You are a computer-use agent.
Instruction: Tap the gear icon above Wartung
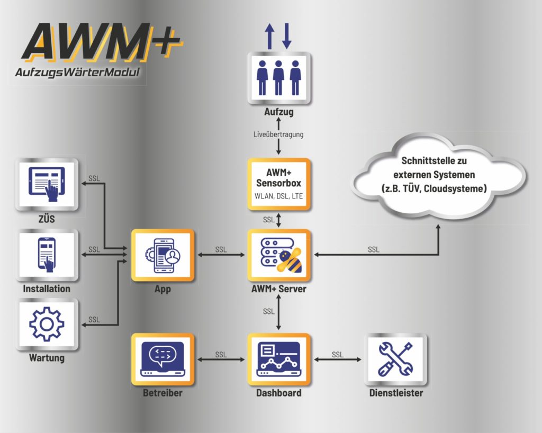tap(47, 324)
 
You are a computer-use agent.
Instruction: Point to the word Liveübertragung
tap(278, 134)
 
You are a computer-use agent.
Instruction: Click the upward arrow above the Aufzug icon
tap(269, 37)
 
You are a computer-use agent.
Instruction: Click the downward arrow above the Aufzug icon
tap(287, 37)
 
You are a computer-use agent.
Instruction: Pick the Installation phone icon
tap(47, 255)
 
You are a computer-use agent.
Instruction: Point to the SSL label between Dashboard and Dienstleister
tap(337, 355)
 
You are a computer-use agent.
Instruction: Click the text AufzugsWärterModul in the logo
tap(77, 73)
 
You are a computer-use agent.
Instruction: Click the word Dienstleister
tap(396, 393)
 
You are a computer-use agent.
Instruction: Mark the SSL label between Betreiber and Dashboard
tap(221, 355)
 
